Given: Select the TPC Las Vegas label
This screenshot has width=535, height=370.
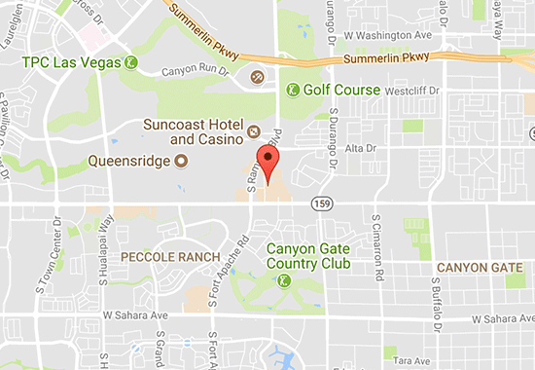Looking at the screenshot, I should (65, 63).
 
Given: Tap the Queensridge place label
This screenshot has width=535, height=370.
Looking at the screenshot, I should (127, 161).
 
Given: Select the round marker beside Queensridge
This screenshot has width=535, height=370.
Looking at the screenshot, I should (180, 161).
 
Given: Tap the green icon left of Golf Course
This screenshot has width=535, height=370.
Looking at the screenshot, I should (292, 90).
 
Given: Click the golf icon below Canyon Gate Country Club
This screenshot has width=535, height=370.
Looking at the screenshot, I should (283, 280).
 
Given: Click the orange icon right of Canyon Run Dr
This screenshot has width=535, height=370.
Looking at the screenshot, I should (257, 76).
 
